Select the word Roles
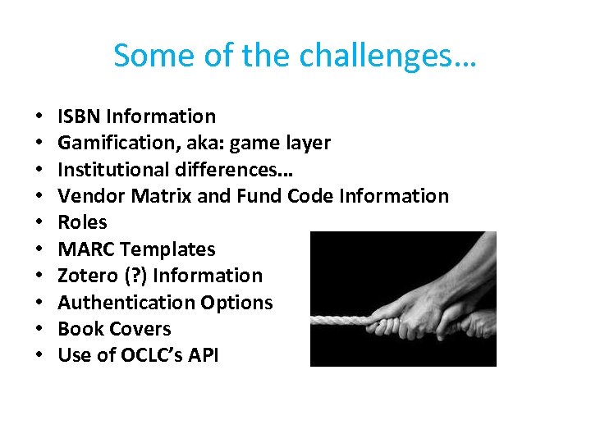tap(82, 222)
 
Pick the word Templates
tap(167, 249)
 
